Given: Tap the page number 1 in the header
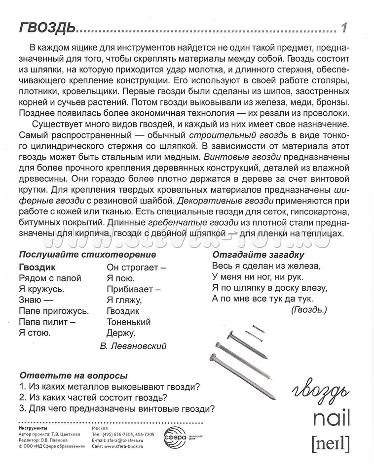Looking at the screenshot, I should coord(344,28).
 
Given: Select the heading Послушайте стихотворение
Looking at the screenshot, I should coord(87,255).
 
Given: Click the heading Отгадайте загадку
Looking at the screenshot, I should coord(258,255).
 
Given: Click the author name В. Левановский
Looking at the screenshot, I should coord(133,346).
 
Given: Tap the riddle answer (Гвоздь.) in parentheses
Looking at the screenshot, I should coord(308,309).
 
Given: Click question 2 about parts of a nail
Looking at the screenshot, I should coord(93,398).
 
